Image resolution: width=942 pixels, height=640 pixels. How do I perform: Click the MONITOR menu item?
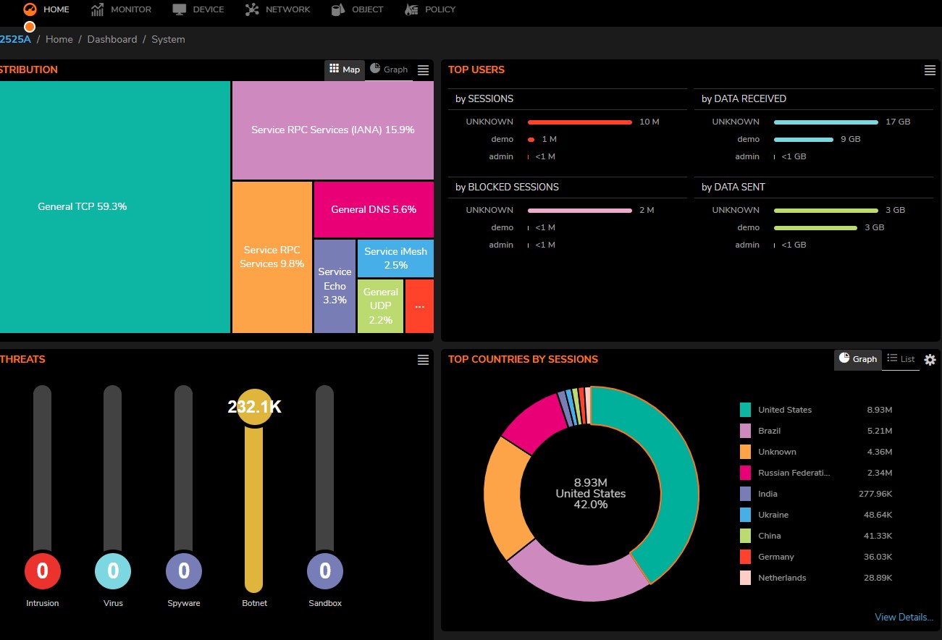tap(121, 9)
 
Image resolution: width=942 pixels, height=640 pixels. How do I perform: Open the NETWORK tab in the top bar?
tap(277, 9)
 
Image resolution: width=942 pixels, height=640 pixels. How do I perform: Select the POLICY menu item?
tap(430, 9)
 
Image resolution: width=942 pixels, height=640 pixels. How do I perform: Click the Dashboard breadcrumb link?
tap(112, 39)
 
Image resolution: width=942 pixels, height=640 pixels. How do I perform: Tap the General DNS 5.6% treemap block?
tap(374, 209)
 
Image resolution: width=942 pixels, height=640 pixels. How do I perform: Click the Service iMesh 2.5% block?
tap(395, 258)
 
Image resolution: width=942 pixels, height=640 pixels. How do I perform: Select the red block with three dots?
tap(419, 306)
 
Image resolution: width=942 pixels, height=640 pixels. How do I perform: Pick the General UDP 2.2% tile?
tap(380, 306)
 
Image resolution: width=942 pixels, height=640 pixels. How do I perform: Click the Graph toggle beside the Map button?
tap(389, 70)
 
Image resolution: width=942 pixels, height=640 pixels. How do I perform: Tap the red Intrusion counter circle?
tap(43, 570)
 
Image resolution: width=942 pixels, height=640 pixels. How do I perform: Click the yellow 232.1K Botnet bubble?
tap(254, 407)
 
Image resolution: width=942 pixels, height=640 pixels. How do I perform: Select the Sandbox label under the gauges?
tap(325, 603)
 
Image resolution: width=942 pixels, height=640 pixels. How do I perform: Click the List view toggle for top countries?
tap(901, 358)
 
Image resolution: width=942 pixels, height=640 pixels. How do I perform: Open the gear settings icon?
tap(930, 360)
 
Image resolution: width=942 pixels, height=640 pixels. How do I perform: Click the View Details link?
tap(904, 617)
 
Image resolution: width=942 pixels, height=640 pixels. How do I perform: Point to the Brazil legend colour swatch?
tap(745, 431)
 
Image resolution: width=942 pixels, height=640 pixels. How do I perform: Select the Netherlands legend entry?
tap(782, 578)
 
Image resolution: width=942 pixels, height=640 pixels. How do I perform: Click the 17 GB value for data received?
tap(898, 122)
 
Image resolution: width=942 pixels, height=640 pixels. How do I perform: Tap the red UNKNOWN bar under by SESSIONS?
tap(579, 122)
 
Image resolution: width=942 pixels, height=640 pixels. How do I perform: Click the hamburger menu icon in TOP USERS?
tap(930, 70)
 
